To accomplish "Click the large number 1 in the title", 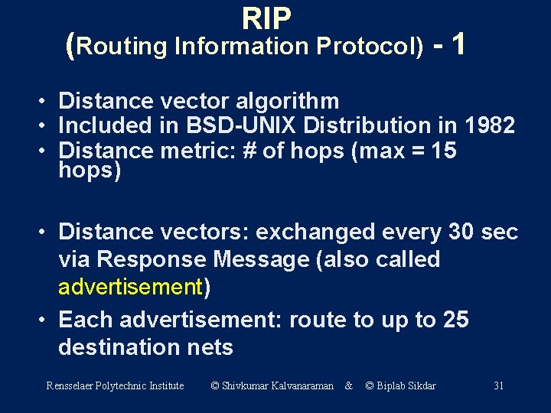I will [458, 44].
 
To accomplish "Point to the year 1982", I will [489, 125].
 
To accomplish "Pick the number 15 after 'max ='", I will [444, 151].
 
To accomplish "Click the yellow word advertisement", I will [129, 288].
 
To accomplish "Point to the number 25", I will [455, 319].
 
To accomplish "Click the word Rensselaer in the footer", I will [70, 385].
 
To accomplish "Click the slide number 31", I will [498, 385].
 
